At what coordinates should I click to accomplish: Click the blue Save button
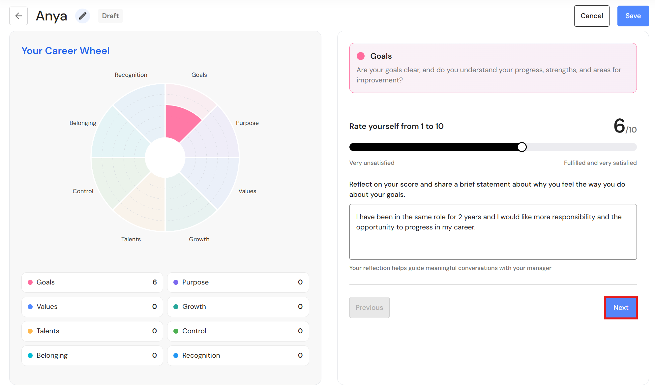tap(633, 16)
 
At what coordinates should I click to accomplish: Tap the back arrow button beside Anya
tap(18, 16)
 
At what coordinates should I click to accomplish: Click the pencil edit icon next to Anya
tap(82, 16)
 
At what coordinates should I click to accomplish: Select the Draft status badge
tap(110, 16)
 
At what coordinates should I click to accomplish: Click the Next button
tap(621, 308)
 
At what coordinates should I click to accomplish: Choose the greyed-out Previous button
tap(369, 308)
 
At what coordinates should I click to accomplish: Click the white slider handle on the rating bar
tap(522, 147)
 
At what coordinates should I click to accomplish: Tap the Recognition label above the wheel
tap(131, 75)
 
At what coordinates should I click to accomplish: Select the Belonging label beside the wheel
tap(83, 123)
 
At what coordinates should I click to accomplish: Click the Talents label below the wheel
tap(131, 239)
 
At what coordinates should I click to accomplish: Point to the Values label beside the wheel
tap(247, 191)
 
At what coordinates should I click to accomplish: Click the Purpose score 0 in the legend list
tap(300, 282)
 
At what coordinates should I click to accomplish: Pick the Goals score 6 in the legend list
tap(155, 282)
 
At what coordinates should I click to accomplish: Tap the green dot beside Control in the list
tap(176, 331)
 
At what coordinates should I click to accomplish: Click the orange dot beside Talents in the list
tap(30, 331)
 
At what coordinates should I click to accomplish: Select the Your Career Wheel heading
tap(66, 51)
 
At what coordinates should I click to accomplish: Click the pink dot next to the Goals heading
tap(361, 56)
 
